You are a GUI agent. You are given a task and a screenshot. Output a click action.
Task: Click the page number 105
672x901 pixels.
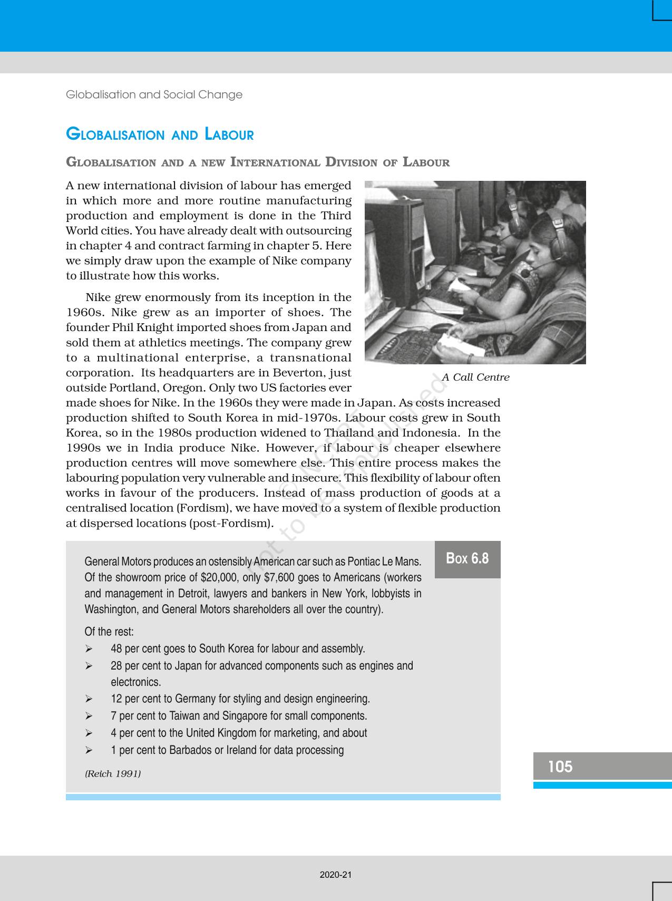(560, 766)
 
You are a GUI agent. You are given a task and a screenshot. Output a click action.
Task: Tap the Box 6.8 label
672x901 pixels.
(467, 558)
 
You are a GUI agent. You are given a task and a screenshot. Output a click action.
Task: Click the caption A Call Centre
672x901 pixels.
(475, 377)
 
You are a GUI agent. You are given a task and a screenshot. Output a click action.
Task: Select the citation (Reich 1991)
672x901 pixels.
(113, 773)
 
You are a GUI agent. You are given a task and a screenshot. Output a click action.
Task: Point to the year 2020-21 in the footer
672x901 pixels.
(336, 875)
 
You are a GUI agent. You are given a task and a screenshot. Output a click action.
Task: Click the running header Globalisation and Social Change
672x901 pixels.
(154, 95)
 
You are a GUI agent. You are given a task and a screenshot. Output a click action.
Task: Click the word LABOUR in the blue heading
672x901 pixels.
(229, 135)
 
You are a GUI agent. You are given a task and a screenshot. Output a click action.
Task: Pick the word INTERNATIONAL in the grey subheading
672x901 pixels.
(275, 162)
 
